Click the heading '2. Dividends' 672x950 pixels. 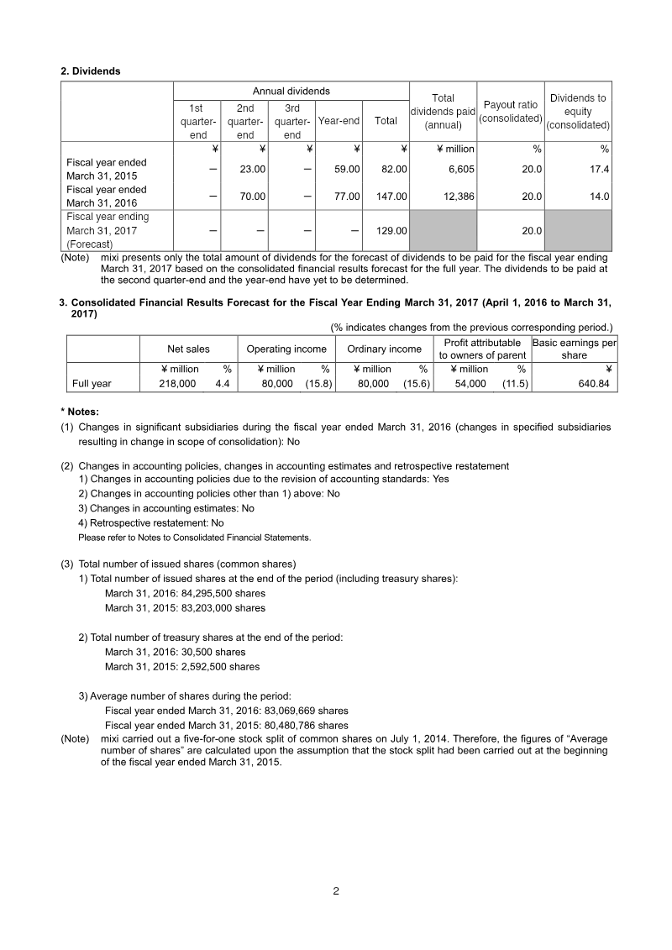91,71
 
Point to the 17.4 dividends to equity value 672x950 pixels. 599,169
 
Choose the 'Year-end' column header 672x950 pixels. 339,121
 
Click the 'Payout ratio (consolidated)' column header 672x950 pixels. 510,112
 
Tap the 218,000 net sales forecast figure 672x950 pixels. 177,384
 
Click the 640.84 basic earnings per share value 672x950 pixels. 591,384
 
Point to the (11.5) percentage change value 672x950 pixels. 514,384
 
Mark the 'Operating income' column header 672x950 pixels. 286,349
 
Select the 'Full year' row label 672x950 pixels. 92,384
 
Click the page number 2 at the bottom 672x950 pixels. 336,891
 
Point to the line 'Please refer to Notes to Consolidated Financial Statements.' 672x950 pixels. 194,538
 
